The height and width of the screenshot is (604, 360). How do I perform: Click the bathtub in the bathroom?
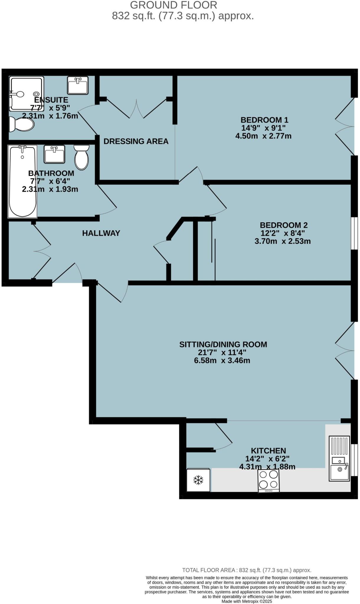pos(22,181)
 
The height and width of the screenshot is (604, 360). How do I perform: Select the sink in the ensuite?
pos(78,86)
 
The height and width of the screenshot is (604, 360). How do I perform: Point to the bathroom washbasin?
pos(54,154)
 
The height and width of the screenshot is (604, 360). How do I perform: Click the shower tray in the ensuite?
pos(27,94)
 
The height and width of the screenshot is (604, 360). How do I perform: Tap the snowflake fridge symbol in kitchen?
pos(198,480)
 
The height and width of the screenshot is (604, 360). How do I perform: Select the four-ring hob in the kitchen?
pos(269,480)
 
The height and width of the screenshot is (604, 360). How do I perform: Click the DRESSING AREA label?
pos(136,141)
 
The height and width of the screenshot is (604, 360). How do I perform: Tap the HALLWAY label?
pos(101,233)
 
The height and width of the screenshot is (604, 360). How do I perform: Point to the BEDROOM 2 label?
pos(283,225)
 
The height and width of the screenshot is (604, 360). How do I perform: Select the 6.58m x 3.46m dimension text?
pos(222,360)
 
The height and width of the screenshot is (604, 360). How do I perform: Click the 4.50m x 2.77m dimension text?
pos(263,136)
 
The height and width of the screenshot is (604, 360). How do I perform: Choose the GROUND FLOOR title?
pos(174,5)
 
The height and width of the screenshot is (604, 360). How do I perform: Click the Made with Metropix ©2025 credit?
pos(247,601)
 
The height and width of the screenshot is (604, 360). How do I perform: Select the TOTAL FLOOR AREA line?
pos(247,570)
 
